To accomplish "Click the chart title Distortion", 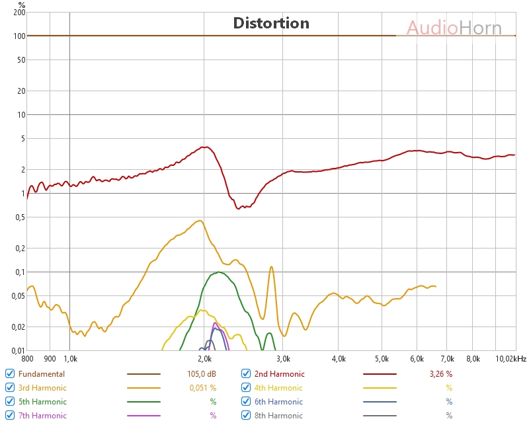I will (271, 23).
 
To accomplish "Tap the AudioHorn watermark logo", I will (454, 28).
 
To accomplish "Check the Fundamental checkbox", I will (10, 373).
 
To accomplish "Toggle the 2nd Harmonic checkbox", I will (246, 373).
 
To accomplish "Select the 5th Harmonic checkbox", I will (10, 401).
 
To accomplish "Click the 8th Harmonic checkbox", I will (246, 415).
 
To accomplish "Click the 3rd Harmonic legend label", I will (42, 388).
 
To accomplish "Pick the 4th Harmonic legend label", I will (278, 388).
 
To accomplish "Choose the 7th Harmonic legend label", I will (42, 416).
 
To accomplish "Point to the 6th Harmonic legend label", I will (278, 402).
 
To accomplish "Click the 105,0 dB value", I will (202, 374).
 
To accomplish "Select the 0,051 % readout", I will (201, 388).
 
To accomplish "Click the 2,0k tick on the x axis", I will (204, 359).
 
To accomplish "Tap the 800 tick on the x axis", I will (27, 359).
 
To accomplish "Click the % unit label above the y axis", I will (21, 4).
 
